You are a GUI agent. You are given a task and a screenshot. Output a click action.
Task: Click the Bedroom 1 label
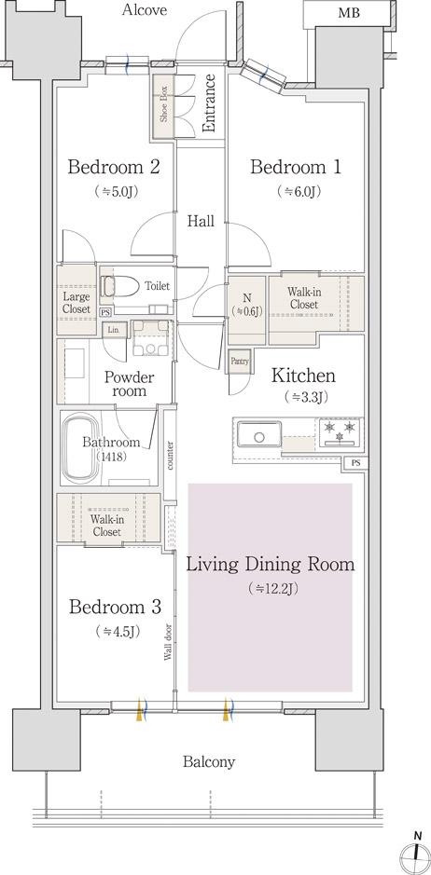point(295,167)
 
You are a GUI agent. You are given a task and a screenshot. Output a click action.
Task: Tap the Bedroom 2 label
point(114,167)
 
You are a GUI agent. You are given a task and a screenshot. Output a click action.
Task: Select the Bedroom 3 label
point(115,607)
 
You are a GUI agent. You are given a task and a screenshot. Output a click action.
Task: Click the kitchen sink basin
point(258,435)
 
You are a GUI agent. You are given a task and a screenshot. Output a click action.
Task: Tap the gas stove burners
point(340,432)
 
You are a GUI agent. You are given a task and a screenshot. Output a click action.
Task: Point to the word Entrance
point(209,103)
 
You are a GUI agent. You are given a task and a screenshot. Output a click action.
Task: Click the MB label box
point(348,12)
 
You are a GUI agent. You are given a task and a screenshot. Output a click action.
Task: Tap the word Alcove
point(145,9)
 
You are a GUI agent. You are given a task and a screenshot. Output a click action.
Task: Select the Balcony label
point(209,762)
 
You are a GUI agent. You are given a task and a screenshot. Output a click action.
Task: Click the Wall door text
point(168,642)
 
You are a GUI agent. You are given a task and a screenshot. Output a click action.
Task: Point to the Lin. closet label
point(114,330)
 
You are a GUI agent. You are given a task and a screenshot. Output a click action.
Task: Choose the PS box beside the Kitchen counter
point(356,462)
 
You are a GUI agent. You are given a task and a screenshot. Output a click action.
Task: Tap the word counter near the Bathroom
point(170,455)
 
